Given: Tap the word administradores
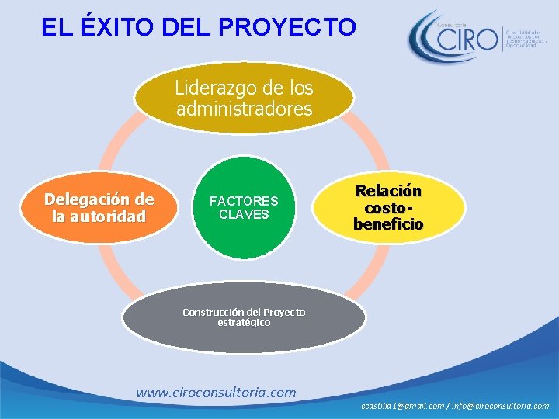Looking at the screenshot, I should tap(244, 109).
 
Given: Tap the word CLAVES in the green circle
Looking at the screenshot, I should tap(244, 214).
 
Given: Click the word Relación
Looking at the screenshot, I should tap(388, 191).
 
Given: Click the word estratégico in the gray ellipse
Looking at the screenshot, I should tap(244, 322).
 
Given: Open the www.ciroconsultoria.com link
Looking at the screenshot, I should tap(216, 393).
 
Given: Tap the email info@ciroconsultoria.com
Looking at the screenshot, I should tap(502, 406).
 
